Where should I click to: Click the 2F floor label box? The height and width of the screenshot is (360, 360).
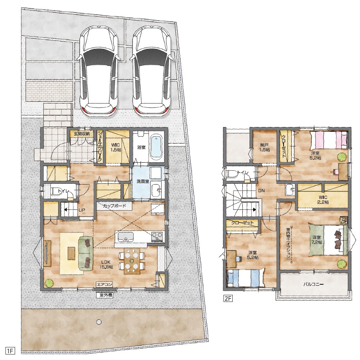pyautogui.click(x=229, y=299)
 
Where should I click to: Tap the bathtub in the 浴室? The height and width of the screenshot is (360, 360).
pyautogui.click(x=156, y=147)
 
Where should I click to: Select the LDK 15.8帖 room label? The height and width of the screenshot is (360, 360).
pyautogui.click(x=106, y=264)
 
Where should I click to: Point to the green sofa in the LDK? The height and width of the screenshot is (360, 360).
pyautogui.click(x=86, y=253)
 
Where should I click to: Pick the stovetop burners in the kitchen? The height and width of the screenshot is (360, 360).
pyautogui.click(x=157, y=236)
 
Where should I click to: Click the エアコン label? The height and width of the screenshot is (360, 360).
pyautogui.click(x=105, y=285)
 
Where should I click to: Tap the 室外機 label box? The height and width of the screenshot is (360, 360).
pyautogui.click(x=105, y=295)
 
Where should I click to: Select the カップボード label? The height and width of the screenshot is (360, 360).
pyautogui.click(x=114, y=206)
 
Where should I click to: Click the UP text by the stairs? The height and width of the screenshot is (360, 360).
pyautogui.click(x=82, y=210)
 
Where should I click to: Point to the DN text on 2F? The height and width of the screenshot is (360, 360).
pyautogui.click(x=261, y=191)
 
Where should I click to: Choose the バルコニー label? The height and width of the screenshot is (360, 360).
pyautogui.click(x=314, y=284)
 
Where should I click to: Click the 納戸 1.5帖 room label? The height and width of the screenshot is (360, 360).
pyautogui.click(x=265, y=147)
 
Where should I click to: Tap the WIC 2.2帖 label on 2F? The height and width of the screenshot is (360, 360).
pyautogui.click(x=323, y=199)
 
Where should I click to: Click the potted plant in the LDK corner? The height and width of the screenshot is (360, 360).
pyautogui.click(x=49, y=283)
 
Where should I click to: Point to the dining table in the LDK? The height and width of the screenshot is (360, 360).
pyautogui.click(x=132, y=261)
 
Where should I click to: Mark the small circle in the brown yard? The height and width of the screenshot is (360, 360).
pyautogui.click(x=99, y=322)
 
